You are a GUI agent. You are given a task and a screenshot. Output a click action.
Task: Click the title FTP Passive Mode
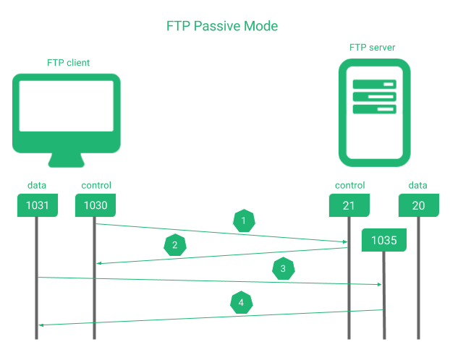[222, 26]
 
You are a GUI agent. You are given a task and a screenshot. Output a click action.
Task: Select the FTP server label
[372, 48]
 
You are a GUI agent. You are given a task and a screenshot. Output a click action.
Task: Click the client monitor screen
[67, 106]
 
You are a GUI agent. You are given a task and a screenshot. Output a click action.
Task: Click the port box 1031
[37, 205]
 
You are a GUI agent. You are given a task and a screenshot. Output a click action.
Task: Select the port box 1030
[95, 205]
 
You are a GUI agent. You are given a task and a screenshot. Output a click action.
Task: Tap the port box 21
[349, 205]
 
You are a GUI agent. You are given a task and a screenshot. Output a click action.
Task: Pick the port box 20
[418, 205]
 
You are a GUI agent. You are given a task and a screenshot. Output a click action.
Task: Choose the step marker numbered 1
[244, 220]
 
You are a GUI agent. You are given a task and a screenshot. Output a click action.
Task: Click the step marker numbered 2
[174, 246]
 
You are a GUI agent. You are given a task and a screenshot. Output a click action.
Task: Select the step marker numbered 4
[241, 302]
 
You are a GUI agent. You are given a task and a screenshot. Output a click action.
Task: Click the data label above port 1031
[37, 186]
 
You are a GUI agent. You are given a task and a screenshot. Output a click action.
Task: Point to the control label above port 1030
[95, 186]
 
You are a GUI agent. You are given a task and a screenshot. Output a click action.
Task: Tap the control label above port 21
[349, 186]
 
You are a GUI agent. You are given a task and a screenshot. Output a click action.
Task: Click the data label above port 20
[418, 186]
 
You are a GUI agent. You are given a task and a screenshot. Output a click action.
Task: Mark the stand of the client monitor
[67, 161]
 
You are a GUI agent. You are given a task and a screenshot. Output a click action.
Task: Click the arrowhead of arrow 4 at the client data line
[41, 325]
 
